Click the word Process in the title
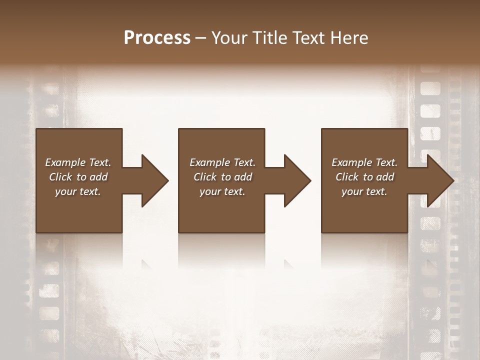tap(157, 38)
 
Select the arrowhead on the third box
tap(440, 180)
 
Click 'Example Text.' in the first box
tap(78, 162)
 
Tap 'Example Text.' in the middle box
tap(222, 162)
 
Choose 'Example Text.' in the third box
tap(364, 162)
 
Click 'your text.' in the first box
tap(78, 191)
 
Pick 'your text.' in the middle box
tap(222, 191)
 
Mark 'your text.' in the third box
tap(364, 191)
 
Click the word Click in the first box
tap(60, 177)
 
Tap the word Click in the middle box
tap(205, 177)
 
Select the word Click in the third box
tap(347, 177)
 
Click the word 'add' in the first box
tap(99, 177)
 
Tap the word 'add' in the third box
tap(385, 177)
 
